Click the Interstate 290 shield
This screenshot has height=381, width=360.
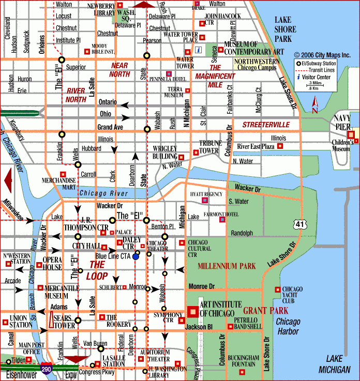click(x=45, y=369)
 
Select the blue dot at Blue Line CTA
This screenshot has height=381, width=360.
click(x=136, y=256)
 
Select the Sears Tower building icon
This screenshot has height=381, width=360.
click(x=53, y=322)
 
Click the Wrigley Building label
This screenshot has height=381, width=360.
click(x=164, y=152)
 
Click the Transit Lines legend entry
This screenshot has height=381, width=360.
click(x=318, y=70)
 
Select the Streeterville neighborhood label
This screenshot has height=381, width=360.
click(x=266, y=125)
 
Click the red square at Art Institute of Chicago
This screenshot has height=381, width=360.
click(x=192, y=312)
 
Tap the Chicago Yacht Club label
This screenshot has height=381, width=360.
click(x=292, y=295)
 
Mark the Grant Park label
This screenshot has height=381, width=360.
click(x=265, y=311)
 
